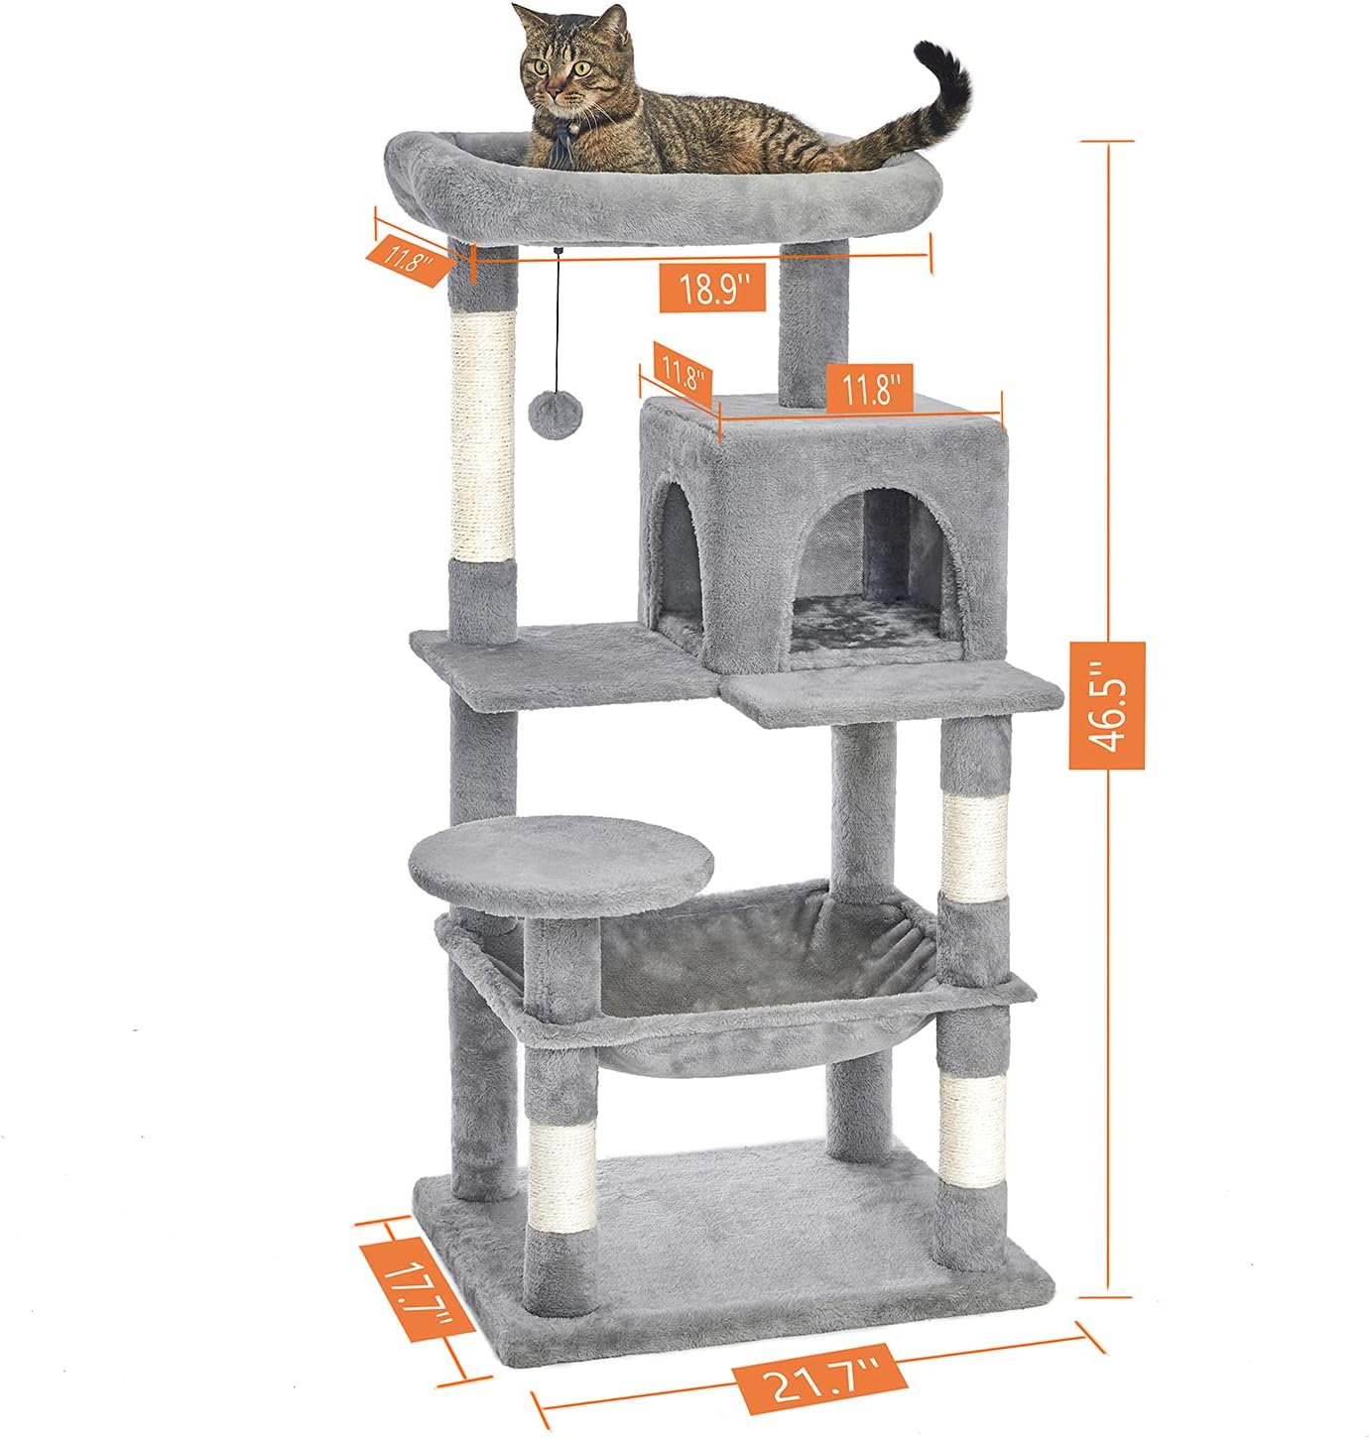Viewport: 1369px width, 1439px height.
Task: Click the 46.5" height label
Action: pos(1106,705)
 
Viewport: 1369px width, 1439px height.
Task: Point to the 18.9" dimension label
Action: pos(712,289)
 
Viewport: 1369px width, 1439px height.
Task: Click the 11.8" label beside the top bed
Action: pos(406,259)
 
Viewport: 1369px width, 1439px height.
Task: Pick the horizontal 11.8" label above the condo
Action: pos(869,388)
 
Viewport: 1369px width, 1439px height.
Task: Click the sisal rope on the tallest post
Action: pos(483,435)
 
